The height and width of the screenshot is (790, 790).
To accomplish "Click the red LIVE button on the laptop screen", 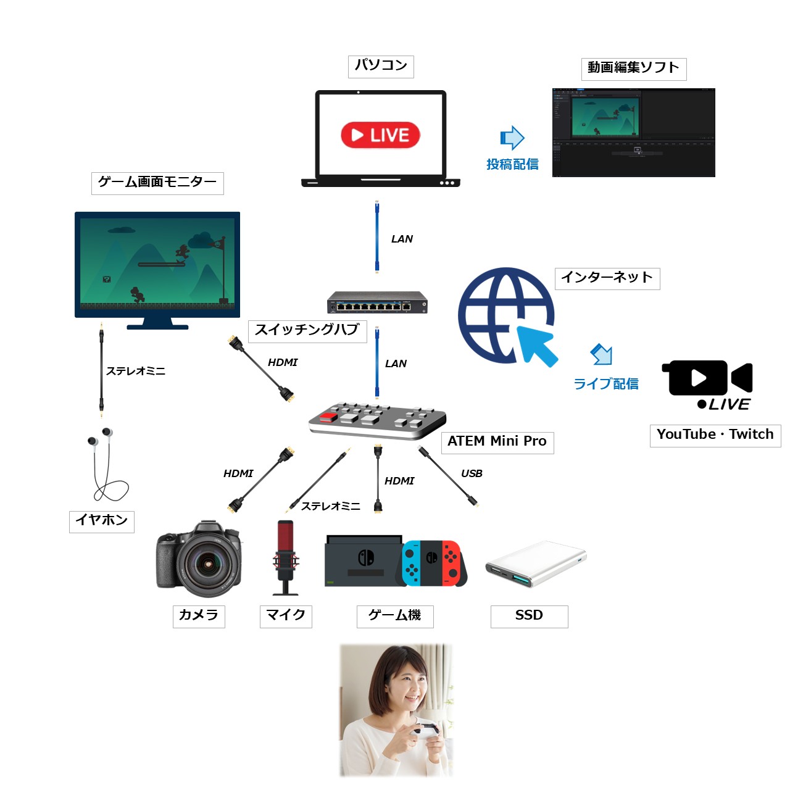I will click(380, 135).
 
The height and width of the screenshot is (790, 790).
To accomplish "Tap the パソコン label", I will click(381, 66).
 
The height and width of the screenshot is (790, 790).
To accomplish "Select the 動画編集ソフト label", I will click(633, 69).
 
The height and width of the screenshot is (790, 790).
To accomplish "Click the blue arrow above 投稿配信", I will click(512, 138).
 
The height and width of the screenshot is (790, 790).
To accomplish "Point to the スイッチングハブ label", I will click(307, 330).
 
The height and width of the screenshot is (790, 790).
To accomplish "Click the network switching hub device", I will click(377, 302).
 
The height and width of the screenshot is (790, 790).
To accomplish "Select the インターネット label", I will click(607, 278).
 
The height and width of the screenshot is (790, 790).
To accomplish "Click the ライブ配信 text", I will click(605, 384).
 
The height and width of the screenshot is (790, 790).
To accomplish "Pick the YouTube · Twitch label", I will click(715, 434).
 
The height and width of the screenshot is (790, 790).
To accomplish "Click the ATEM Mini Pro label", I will click(497, 442).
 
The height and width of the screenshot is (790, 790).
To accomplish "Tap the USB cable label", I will click(472, 473).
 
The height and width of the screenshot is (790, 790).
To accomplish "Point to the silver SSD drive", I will click(536, 564).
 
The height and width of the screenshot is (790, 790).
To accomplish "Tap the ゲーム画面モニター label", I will click(157, 183).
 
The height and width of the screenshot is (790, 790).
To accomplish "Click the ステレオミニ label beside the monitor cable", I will click(136, 371).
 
